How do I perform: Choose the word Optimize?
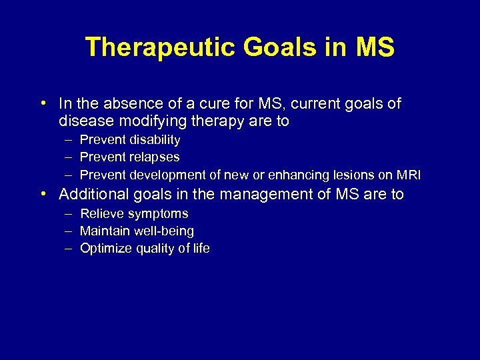(103, 249)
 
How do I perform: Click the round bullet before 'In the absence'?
(42, 104)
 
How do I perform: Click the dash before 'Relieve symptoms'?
(69, 214)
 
